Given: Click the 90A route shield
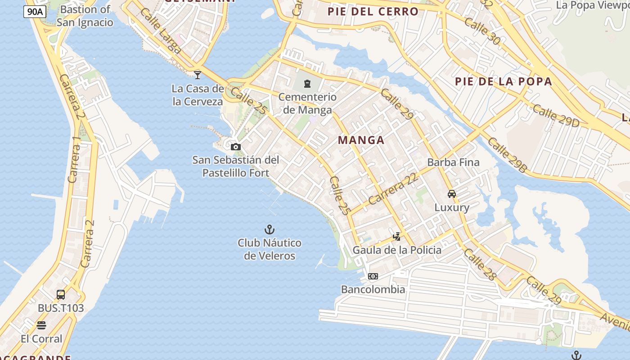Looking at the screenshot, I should [x=35, y=12].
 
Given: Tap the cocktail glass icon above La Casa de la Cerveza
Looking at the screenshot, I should [x=198, y=75].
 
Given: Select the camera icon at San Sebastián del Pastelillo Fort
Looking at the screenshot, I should [x=235, y=147].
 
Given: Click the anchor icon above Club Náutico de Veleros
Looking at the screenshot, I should [x=269, y=230].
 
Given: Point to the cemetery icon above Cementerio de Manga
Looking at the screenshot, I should [x=307, y=84].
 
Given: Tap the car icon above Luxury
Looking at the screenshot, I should [x=452, y=194].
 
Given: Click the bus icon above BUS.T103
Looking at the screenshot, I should [x=61, y=295].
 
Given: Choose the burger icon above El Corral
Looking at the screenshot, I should [x=41, y=325].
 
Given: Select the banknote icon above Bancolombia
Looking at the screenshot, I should [x=373, y=276].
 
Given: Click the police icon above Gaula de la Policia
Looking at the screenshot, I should [x=396, y=236].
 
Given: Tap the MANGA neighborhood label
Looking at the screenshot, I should [x=361, y=140].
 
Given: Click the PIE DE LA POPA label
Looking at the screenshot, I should [x=503, y=81].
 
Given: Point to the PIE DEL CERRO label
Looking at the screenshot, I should [x=373, y=12].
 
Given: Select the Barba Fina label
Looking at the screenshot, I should [x=453, y=162].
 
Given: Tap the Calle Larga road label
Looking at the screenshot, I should [x=161, y=31].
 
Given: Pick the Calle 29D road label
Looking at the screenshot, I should [x=556, y=116].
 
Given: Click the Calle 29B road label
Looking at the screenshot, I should [x=507, y=155].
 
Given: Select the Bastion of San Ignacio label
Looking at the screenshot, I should [x=85, y=16].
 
